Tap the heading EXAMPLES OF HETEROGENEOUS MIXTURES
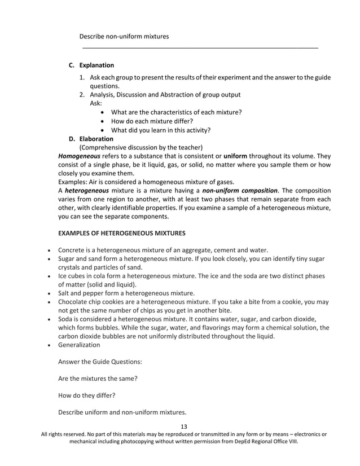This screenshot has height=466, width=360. click(122, 234)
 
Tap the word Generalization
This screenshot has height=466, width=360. click(79, 345)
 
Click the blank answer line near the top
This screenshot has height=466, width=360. click(200, 47)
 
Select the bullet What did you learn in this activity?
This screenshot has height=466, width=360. click(161, 130)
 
